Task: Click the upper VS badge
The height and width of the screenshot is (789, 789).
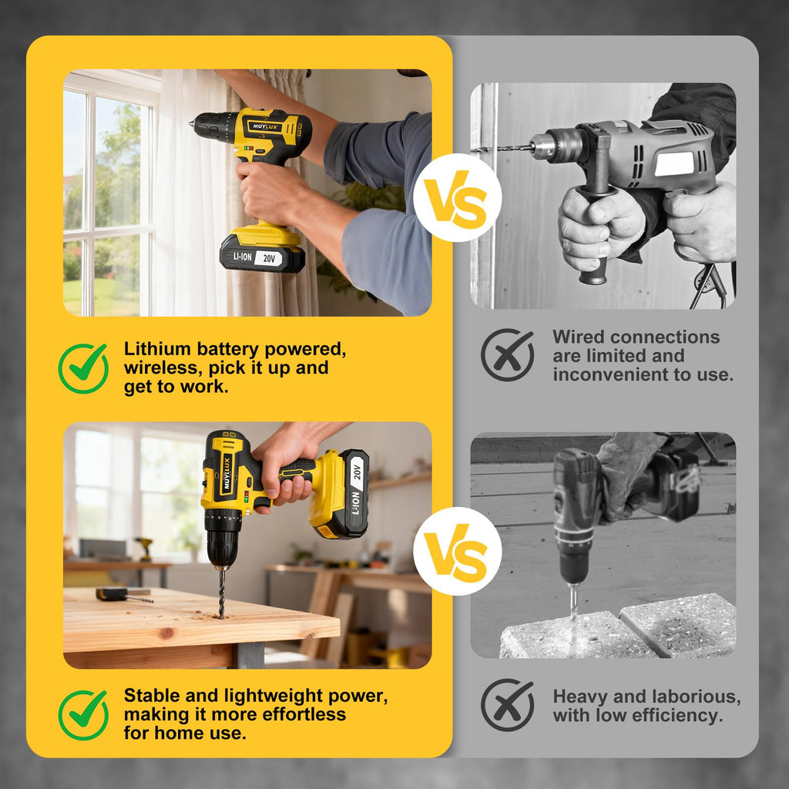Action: point(458,198)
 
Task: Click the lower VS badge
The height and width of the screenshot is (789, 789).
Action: point(458,551)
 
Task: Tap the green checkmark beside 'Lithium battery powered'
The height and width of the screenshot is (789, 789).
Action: point(83,368)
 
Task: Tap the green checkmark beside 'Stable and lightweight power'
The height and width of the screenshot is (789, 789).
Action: point(83,714)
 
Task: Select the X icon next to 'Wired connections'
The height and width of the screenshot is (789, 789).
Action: point(507,354)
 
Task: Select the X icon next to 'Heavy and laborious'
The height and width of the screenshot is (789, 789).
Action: point(507,704)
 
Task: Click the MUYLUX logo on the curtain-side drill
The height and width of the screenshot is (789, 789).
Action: point(265,127)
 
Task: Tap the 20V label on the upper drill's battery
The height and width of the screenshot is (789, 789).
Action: point(269,259)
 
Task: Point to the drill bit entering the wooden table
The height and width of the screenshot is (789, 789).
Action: point(221,593)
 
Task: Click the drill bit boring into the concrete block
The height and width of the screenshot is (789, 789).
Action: point(573,604)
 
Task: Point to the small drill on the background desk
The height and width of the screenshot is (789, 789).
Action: point(144,549)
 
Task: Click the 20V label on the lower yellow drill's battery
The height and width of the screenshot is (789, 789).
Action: point(358,471)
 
